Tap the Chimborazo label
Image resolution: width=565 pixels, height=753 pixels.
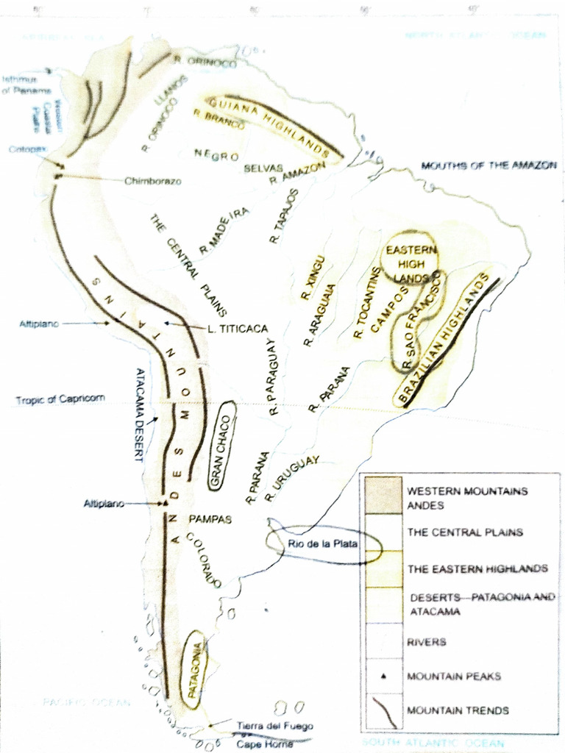click(152, 181)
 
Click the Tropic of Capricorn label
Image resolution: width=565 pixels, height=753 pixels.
click(60, 399)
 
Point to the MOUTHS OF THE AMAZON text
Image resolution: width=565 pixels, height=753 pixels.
click(488, 166)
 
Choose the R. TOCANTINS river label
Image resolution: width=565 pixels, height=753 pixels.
click(366, 302)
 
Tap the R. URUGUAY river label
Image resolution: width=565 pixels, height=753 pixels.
click(292, 478)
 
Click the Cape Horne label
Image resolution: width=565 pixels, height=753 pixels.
click(264, 743)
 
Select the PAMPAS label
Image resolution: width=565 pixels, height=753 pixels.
click(210, 519)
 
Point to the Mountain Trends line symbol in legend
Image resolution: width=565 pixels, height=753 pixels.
click(383, 710)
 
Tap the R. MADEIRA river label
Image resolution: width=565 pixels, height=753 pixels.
click(224, 230)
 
